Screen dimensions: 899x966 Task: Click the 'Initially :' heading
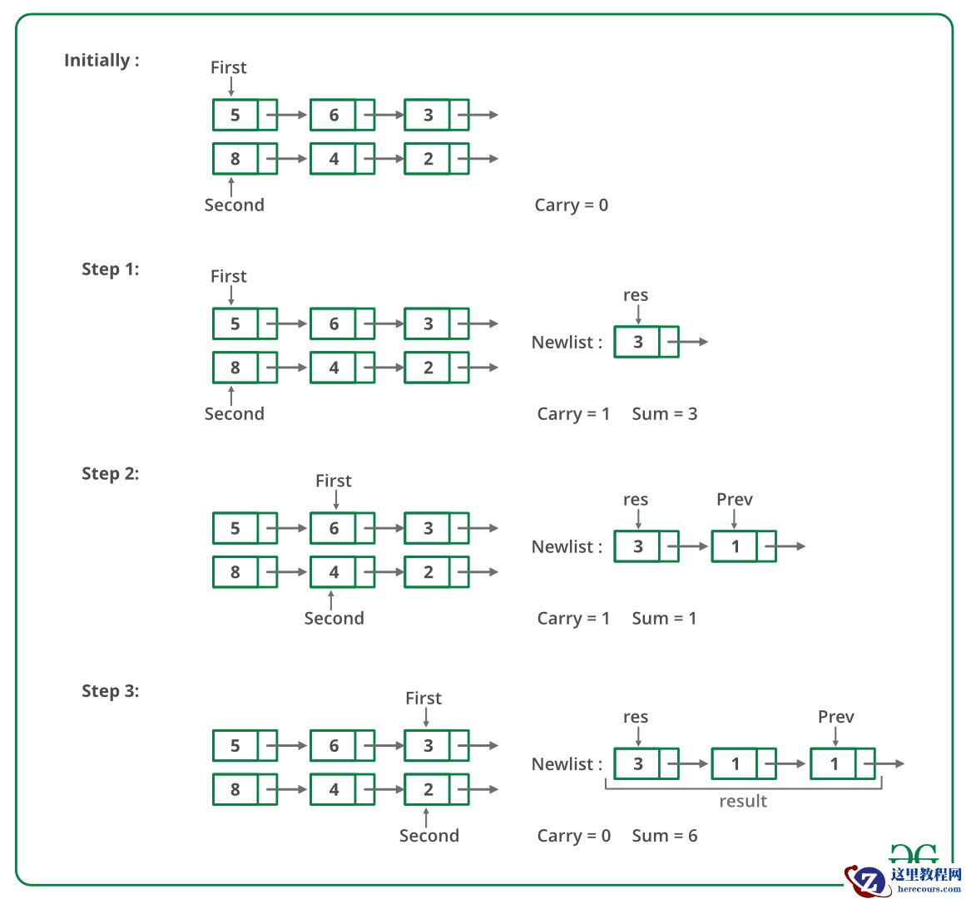[x=102, y=61]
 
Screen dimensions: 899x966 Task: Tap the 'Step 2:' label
[x=110, y=474]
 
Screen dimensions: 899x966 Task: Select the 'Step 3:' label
[x=110, y=691]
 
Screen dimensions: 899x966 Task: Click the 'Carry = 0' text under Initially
[x=571, y=205]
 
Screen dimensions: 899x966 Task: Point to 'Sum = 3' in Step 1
[x=664, y=414]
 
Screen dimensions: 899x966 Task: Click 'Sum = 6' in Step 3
[x=664, y=836]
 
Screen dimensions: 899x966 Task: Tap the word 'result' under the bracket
[x=742, y=801]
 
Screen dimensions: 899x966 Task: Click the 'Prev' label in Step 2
[x=734, y=500]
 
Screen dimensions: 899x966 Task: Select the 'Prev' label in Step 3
[x=835, y=717]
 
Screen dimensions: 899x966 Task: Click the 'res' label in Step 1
[x=635, y=295]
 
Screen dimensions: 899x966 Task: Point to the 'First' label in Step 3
[x=423, y=699]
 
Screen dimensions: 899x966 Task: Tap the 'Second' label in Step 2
[x=334, y=619]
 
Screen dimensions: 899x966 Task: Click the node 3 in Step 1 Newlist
[x=637, y=342]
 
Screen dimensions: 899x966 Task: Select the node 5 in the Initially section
[x=235, y=115]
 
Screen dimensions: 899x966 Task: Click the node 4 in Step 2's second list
[x=334, y=572]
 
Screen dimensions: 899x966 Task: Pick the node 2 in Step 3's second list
[x=428, y=789]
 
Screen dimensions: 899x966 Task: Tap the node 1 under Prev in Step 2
[x=735, y=546]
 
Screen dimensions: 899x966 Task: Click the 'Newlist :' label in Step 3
[x=567, y=764]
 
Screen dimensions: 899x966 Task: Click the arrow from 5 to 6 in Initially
[x=291, y=115]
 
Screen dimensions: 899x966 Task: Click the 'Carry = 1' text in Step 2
[x=573, y=619]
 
